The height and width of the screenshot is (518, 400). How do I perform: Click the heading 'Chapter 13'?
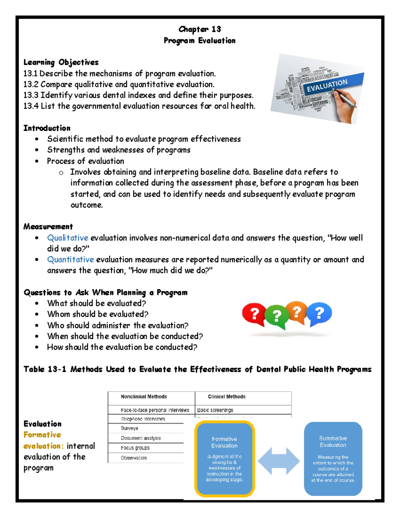coord(200,29)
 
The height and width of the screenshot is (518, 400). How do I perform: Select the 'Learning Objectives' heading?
coord(61,62)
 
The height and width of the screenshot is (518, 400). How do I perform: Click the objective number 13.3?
coord(31,95)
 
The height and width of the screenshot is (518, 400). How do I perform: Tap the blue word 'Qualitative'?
coord(68,238)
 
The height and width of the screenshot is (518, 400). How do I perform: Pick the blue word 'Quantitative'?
coord(70,260)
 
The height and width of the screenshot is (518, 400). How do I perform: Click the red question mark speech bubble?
coord(254,314)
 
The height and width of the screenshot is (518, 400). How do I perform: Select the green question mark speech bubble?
coord(276,317)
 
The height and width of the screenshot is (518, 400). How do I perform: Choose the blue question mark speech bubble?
coord(319,313)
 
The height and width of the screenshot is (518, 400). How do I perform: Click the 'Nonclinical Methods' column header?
coord(144,397)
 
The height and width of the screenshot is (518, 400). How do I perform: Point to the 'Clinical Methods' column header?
coord(227,397)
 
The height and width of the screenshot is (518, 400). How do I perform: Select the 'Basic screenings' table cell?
coord(215,410)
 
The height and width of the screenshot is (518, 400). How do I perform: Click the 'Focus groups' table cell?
coord(135,448)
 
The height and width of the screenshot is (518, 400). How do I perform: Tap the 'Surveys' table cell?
coord(129,428)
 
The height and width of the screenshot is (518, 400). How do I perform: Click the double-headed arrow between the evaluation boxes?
coord(279,461)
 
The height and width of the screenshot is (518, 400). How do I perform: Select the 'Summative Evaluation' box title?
coord(333,442)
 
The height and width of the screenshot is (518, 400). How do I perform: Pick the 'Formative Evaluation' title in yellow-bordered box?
coord(224,442)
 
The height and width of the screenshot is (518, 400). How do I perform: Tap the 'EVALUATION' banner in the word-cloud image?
coord(327,85)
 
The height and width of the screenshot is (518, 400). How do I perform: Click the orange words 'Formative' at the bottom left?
coord(42,435)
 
